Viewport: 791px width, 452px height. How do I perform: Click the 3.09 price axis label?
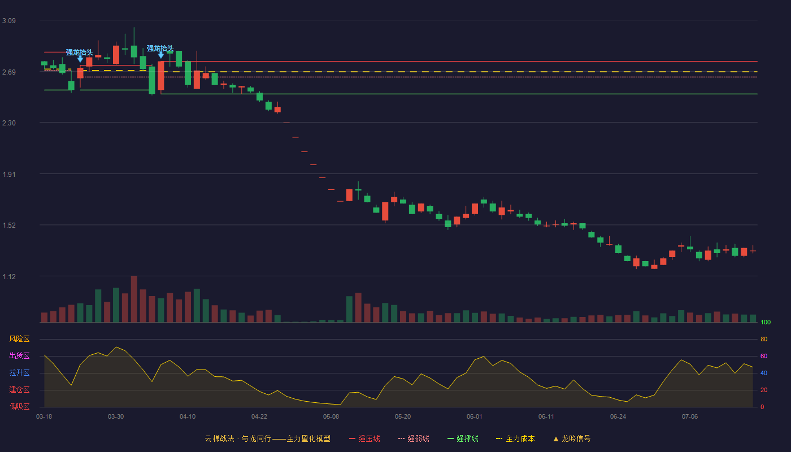coord(9,21)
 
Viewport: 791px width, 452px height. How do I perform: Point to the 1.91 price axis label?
coord(9,175)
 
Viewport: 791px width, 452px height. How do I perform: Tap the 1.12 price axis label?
coord(9,277)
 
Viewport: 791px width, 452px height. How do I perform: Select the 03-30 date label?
coord(116,417)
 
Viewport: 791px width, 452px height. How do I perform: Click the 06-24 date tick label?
coord(618,417)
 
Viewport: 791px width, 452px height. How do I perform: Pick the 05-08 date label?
coord(331,417)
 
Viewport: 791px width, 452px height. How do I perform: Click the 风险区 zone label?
coord(19,339)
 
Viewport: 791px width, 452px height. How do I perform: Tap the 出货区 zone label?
coord(19,355)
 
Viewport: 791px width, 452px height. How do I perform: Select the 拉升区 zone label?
coord(19,372)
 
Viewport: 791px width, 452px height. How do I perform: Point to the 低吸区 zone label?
coord(19,406)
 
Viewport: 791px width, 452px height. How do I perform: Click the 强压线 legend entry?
coord(364,438)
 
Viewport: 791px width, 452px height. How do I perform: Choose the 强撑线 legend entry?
coord(463,438)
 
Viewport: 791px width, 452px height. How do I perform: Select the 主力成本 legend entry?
coord(515,438)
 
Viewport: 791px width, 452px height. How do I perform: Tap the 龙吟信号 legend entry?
coord(572,438)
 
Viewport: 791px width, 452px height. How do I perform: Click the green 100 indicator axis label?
coord(766,322)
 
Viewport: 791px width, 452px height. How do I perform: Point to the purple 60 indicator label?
coord(764,356)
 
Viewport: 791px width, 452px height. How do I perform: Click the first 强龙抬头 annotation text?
coord(80,52)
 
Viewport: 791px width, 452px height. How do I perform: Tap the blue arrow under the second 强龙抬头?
coord(160,55)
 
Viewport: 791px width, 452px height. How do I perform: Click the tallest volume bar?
coord(134,299)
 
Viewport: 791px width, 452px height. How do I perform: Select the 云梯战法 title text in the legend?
coord(219,438)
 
